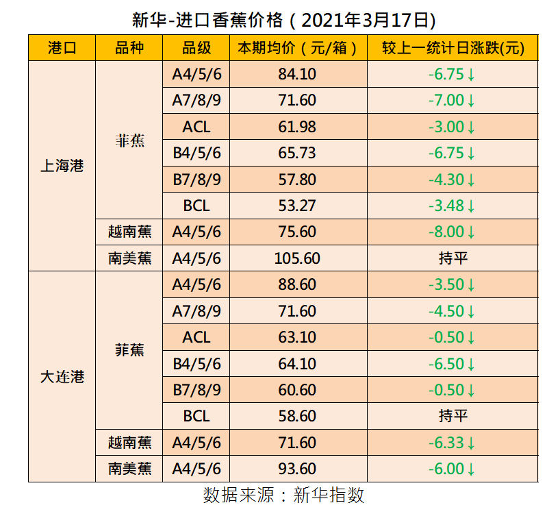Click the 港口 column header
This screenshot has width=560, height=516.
62,48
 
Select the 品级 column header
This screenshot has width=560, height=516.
196,48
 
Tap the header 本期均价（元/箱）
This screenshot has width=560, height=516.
298,48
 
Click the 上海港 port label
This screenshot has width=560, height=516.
62,167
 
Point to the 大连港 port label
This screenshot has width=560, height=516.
62,377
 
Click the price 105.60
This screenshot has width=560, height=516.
298,258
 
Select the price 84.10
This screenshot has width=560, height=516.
298,74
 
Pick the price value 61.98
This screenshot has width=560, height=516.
298,127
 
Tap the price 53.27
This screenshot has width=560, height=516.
298,206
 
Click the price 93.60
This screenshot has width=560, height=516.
298,469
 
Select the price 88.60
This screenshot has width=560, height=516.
298,284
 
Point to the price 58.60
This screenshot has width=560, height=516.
298,416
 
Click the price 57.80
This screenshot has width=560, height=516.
298,180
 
